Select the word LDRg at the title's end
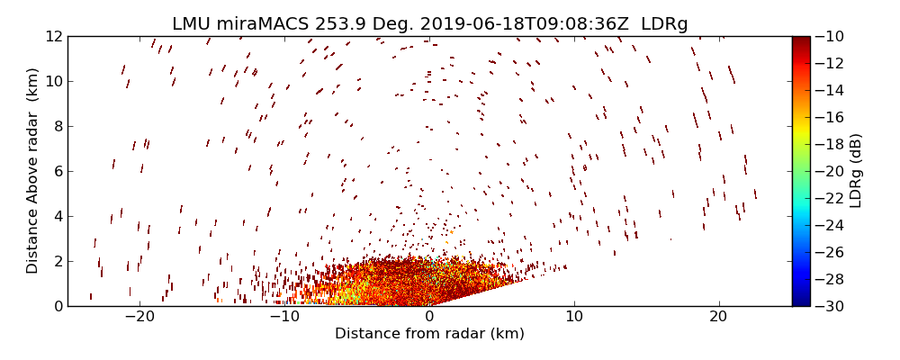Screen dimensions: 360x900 pyautogui.click(x=664, y=24)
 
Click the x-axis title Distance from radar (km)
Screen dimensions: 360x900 pyautogui.click(x=429, y=334)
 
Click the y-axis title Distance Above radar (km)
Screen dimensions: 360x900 pyautogui.click(x=33, y=171)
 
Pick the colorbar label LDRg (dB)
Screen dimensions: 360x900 pyautogui.click(x=856, y=171)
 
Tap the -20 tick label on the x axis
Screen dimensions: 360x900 pyautogui.click(x=139, y=317)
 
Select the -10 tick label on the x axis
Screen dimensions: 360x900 pyautogui.click(x=284, y=317)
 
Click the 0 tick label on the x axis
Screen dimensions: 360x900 pyautogui.click(x=429, y=317)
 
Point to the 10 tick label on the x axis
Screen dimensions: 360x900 pyautogui.click(x=574, y=317)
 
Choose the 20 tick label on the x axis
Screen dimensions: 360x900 pyautogui.click(x=718, y=317)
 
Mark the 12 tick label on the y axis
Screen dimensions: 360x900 pyautogui.click(x=52, y=36)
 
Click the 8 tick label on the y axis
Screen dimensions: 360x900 pyautogui.click(x=56, y=126)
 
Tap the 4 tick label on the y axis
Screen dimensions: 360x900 pyautogui.click(x=56, y=216)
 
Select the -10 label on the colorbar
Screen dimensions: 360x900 pyautogui.click(x=828, y=36)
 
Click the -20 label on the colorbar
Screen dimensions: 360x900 pyautogui.click(x=828, y=171)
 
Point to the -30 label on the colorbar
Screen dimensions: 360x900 pyautogui.click(x=828, y=306)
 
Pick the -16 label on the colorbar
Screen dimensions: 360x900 pyautogui.click(x=828, y=117)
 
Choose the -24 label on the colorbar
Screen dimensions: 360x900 pyautogui.click(x=828, y=225)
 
